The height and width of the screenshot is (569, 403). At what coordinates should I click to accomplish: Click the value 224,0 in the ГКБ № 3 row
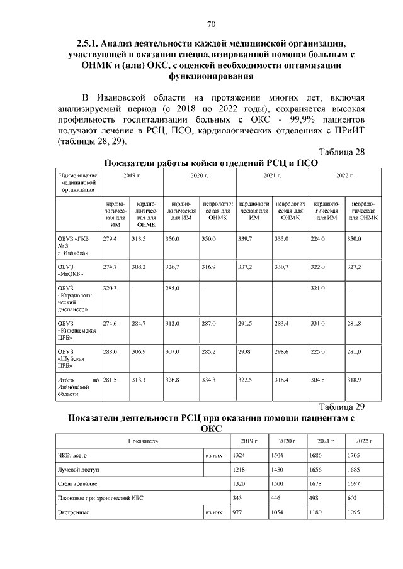pyautogui.click(x=321, y=240)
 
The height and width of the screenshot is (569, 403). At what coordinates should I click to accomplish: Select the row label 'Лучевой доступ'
pyautogui.click(x=79, y=470)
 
